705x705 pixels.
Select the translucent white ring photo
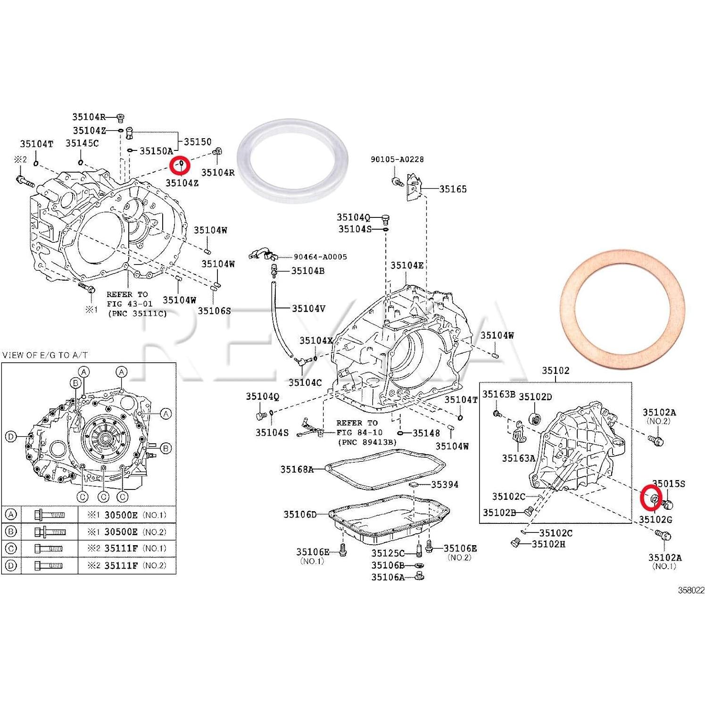292,161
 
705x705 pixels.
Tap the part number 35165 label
453,189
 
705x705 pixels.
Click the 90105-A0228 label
397,159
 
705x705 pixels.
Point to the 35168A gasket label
297,469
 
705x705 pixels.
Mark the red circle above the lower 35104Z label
181,166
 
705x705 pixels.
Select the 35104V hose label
308,308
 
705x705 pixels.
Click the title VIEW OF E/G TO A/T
45,355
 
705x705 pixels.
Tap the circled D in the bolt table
11,565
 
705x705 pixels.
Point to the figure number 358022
691,590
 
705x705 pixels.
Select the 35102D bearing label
535,397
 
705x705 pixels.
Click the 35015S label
668,483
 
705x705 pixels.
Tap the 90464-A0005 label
320,257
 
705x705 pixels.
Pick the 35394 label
444,484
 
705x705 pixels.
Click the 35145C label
82,143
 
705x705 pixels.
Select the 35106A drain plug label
388,577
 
